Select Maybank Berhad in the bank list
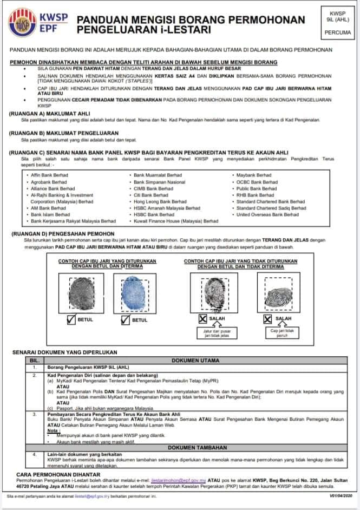(x=254, y=175)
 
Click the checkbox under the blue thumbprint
(x=124, y=319)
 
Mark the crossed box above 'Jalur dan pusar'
(x=202, y=319)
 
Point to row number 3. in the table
(x=35, y=414)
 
